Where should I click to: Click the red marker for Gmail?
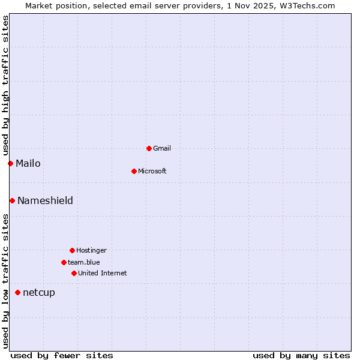[149, 148]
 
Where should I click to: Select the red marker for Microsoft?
[134, 171]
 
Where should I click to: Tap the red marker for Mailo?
[10, 163]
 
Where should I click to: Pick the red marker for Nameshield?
[12, 200]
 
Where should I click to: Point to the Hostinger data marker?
[72, 250]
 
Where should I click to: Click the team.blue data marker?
[64, 262]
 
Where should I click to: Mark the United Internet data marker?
[74, 273]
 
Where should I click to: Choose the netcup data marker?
[17, 292]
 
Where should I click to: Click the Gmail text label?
[162, 148]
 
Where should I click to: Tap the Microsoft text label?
[152, 171]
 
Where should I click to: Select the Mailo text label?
[28, 163]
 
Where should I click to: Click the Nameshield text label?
[45, 200]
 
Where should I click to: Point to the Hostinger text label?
[91, 250]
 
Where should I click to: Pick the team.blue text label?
[84, 262]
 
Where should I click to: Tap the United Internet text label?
[103, 273]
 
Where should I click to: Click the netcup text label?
[39, 292]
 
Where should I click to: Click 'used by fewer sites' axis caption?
[62, 355]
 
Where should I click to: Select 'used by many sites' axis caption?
[301, 355]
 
